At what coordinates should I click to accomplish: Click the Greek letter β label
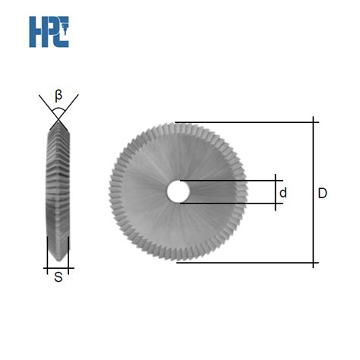[59, 95]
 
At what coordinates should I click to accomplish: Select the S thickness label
[58, 279]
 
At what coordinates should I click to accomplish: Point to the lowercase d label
[283, 193]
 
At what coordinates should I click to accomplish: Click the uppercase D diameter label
[323, 193]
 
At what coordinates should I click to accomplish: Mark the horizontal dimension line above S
[58, 267]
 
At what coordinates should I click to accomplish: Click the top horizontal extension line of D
[243, 121]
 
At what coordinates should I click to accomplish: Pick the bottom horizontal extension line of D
[243, 263]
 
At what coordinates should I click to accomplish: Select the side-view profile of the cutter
[58, 190]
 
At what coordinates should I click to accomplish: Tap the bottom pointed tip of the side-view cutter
[58, 261]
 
